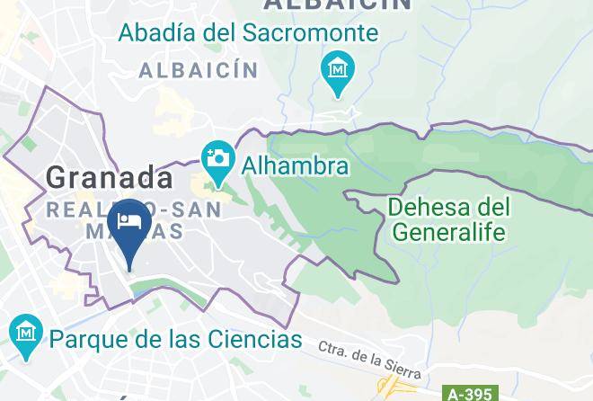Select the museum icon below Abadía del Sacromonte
click(338, 68)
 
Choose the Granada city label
click(109, 177)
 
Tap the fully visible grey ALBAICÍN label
click(198, 69)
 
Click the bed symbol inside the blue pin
click(128, 221)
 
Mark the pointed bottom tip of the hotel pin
click(129, 269)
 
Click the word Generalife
click(449, 232)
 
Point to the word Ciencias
click(254, 340)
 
